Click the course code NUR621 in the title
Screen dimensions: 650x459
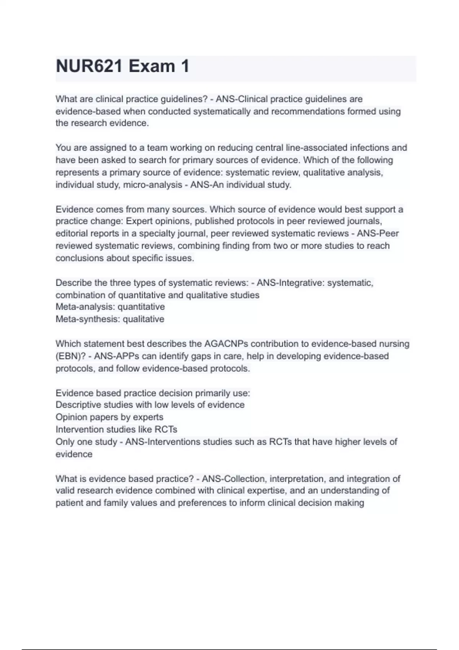pos(89,67)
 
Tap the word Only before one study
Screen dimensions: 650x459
pos(65,442)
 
